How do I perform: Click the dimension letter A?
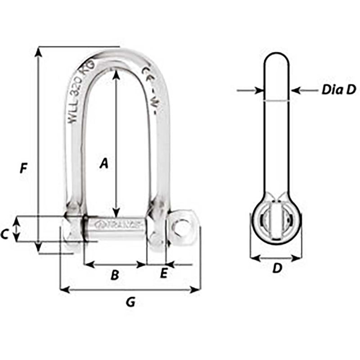(104, 164)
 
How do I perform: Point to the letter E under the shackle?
(164, 273)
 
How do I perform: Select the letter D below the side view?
(277, 269)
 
